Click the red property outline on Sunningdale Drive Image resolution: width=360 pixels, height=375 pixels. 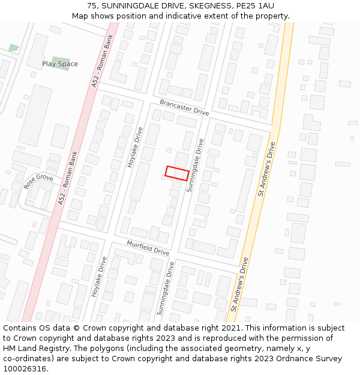pos(177,173)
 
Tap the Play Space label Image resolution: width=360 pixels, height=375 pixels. pos(60,64)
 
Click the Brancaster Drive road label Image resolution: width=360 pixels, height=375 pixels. pos(184,108)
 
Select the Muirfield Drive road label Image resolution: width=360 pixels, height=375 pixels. pos(148,247)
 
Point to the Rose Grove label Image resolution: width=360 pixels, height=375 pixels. pos(38,182)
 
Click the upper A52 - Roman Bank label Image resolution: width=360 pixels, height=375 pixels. pos(102,61)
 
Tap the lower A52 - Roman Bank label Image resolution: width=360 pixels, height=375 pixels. pos(68,178)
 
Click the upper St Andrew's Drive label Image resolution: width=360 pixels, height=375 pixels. pos(266,169)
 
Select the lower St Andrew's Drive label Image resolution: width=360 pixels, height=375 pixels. pos(239,284)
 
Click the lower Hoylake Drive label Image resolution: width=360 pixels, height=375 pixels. pos(99,277)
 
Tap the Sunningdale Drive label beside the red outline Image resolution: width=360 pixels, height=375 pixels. pos(196,165)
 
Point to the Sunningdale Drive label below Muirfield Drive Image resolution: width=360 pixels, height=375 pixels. pos(165,288)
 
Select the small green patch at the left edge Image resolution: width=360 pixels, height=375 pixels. pos(14,47)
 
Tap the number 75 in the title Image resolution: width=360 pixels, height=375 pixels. pos(92,6)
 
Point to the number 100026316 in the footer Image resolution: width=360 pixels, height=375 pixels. pos(23,369)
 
